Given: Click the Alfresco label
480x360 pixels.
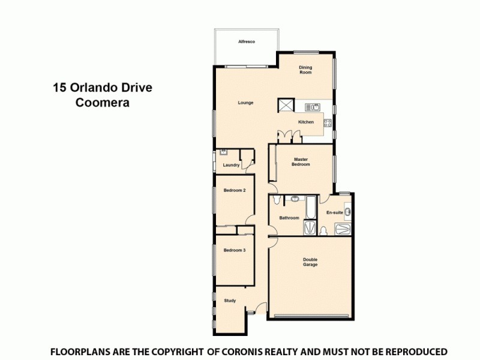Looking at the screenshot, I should [x=247, y=41].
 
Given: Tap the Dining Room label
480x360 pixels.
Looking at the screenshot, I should [x=306, y=70].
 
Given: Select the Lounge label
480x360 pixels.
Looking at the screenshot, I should [x=245, y=103].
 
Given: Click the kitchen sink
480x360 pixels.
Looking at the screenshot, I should [x=312, y=107].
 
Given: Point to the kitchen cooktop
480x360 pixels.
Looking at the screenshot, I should [x=328, y=123].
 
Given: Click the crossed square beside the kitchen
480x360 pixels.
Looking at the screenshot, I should [x=284, y=106].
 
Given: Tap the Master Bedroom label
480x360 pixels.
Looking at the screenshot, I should [x=301, y=162].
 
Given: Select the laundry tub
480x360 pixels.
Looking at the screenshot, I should [x=223, y=152].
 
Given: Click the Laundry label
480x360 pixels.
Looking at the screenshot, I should [x=231, y=165].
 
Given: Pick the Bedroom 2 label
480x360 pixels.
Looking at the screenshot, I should [x=235, y=190].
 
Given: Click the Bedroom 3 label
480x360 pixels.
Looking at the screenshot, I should [x=235, y=250].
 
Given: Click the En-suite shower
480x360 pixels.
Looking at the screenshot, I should [x=342, y=229].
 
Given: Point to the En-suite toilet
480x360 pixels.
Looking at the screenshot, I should [x=323, y=231].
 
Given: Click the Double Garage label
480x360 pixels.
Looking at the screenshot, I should [x=310, y=262].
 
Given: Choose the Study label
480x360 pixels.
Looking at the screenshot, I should [x=230, y=301].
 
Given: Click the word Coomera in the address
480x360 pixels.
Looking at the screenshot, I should [x=102, y=103].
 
